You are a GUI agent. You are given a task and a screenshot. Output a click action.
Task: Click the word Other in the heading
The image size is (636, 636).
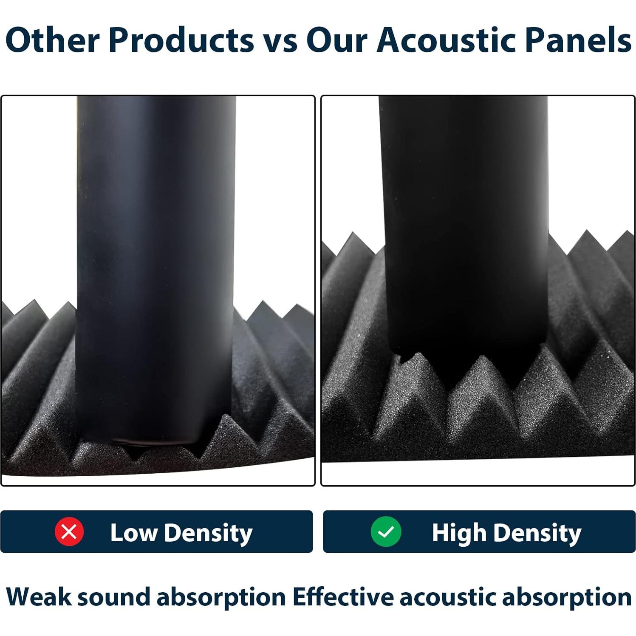click(52, 40)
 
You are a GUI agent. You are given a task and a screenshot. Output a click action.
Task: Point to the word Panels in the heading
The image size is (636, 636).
click(578, 40)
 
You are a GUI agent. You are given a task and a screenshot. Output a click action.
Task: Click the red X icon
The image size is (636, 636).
click(69, 531)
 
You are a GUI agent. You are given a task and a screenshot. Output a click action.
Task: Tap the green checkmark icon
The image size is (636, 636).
click(386, 531)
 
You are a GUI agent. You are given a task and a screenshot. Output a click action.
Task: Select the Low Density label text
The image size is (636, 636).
click(181, 533)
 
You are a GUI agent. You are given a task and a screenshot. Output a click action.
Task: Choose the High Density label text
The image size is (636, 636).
click(506, 533)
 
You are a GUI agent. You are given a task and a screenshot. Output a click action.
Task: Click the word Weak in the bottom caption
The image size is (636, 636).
click(39, 596)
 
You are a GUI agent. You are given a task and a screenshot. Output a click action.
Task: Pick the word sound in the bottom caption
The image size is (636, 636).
click(114, 596)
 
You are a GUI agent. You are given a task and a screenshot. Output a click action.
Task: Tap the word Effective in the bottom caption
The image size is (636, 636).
click(343, 596)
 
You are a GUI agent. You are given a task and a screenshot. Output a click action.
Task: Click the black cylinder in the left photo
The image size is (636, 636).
click(155, 268)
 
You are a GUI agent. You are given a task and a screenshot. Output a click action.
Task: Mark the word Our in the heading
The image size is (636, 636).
click(337, 40)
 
